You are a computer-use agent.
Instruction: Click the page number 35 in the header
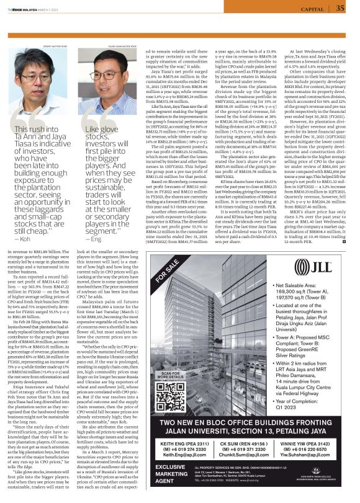[x=340, y=8]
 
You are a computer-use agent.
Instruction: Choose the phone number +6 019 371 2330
[x=246, y=448]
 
